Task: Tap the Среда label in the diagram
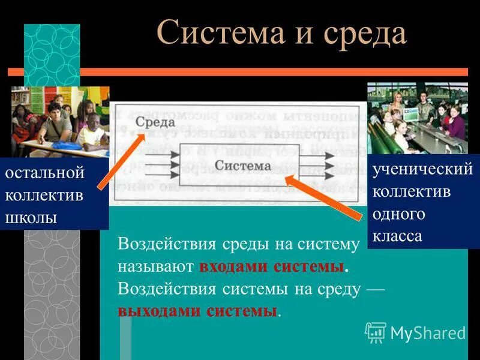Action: (155, 122)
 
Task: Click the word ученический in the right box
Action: (422, 170)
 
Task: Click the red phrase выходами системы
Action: (199, 311)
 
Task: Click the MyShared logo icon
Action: (376, 332)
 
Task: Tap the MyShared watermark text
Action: (428, 333)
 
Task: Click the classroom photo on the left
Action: (60, 120)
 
